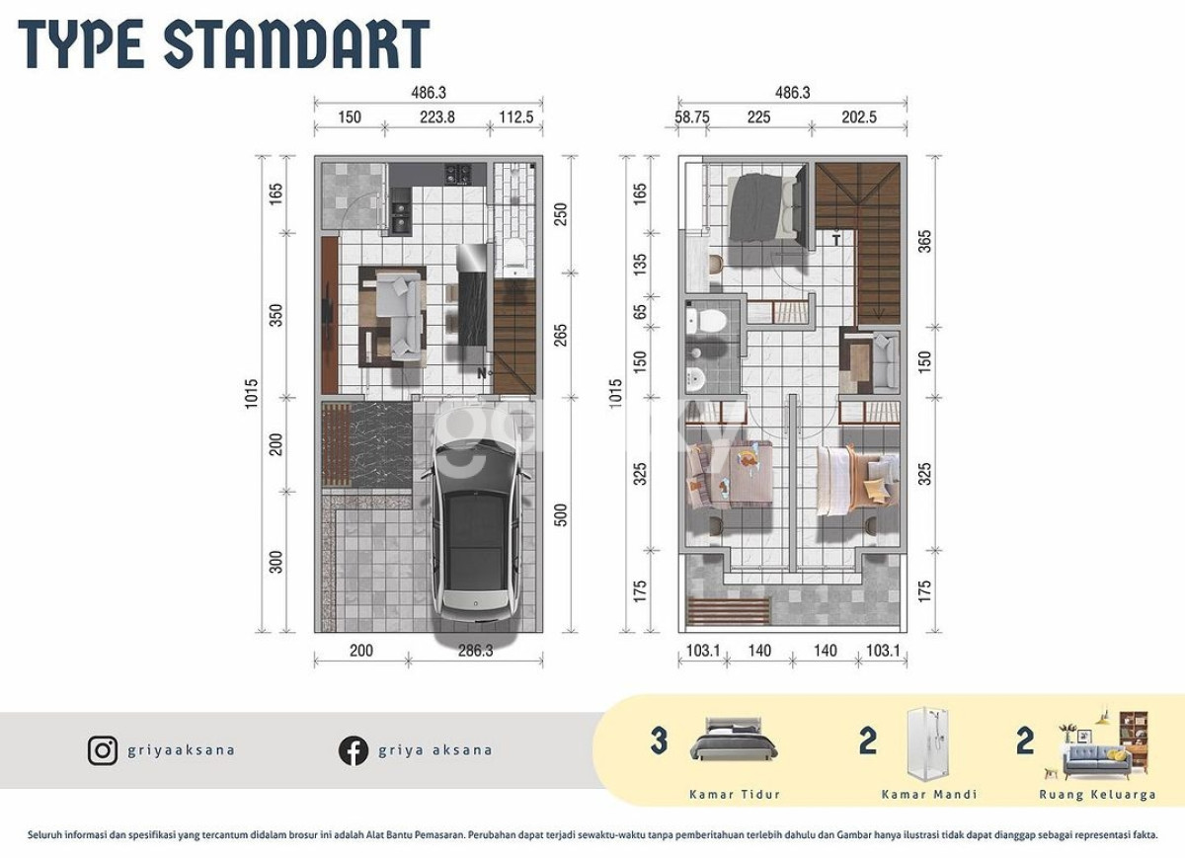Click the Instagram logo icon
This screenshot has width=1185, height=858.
pyautogui.click(x=103, y=751)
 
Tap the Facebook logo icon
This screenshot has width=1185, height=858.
pyautogui.click(x=354, y=751)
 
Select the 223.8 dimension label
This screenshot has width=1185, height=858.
pyautogui.click(x=436, y=117)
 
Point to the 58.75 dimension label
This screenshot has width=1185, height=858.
pyautogui.click(x=692, y=117)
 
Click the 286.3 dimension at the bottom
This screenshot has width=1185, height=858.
pyautogui.click(x=476, y=651)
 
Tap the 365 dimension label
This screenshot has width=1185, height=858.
pyautogui.click(x=924, y=241)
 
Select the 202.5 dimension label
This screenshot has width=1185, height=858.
pyautogui.click(x=859, y=117)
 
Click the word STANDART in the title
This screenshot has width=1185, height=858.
pyautogui.click(x=297, y=45)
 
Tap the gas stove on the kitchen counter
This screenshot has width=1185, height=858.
pyautogui.click(x=457, y=175)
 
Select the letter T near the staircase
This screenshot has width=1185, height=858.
pyautogui.click(x=835, y=241)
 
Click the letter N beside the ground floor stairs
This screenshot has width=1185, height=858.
pyautogui.click(x=482, y=373)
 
